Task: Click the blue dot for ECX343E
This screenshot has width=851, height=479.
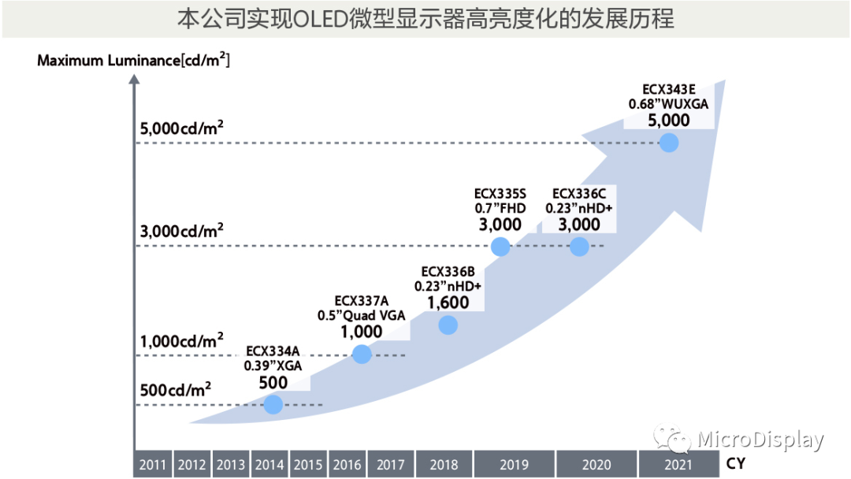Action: pyautogui.click(x=669, y=143)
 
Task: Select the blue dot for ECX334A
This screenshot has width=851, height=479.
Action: pyautogui.click(x=273, y=404)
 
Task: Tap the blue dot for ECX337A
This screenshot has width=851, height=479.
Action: pyautogui.click(x=362, y=355)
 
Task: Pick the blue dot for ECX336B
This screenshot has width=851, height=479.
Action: pyautogui.click(x=448, y=325)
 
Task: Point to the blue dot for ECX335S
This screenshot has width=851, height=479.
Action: pyautogui.click(x=500, y=247)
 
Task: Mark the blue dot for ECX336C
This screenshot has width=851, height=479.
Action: pyautogui.click(x=579, y=247)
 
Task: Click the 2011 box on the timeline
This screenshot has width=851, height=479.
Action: pyautogui.click(x=152, y=464)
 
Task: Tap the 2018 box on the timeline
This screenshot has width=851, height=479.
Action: pyautogui.click(x=444, y=464)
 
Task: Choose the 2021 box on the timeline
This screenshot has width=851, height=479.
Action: pyautogui.click(x=678, y=464)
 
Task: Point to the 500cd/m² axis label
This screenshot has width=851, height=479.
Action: pyautogui.click(x=175, y=389)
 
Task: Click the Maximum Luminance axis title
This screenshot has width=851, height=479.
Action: pyautogui.click(x=134, y=60)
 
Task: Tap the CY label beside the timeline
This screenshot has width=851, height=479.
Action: pyautogui.click(x=735, y=464)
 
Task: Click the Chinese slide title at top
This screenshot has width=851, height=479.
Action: pyautogui.click(x=425, y=19)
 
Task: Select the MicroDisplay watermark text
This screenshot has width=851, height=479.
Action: pyautogui.click(x=760, y=440)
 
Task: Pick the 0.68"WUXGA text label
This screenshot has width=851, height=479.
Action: pyautogui.click(x=669, y=103)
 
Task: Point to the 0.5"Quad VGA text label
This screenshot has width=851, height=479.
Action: pyautogui.click(x=362, y=315)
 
